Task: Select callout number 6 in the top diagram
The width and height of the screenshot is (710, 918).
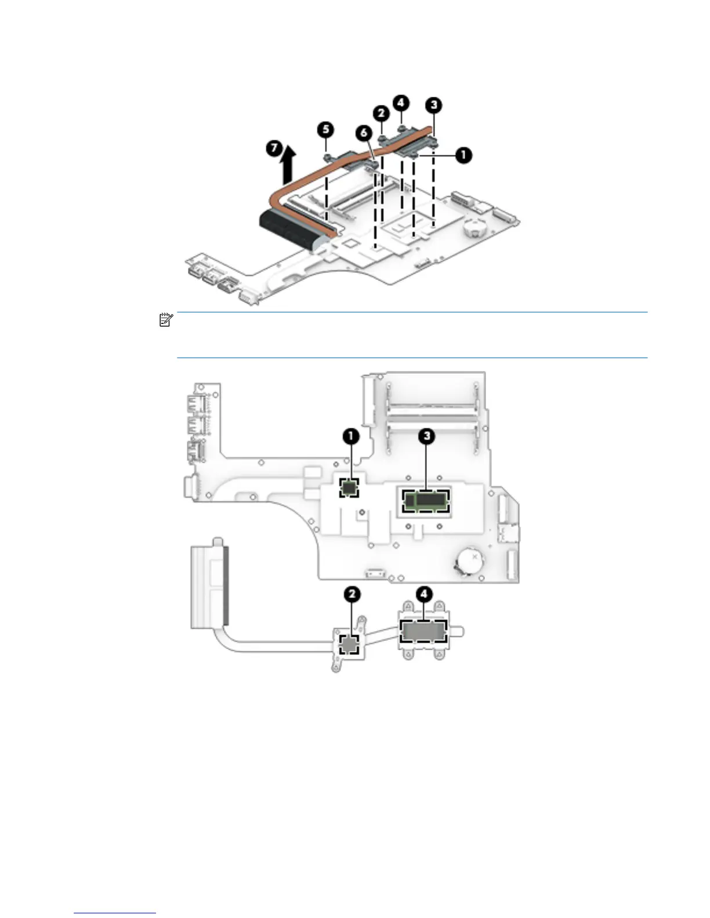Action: [x=364, y=133]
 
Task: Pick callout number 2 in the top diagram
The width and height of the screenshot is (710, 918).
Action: [x=381, y=112]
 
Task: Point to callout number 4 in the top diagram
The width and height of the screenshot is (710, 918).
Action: [x=401, y=103]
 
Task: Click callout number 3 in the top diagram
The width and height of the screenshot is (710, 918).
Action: [x=433, y=105]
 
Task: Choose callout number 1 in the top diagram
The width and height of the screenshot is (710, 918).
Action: [x=463, y=155]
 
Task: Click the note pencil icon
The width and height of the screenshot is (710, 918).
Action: [x=165, y=319]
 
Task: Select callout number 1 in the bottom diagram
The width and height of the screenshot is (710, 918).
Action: [x=350, y=436]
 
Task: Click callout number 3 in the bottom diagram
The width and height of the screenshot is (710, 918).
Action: [x=426, y=436]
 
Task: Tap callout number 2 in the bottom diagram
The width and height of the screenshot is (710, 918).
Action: [x=352, y=594]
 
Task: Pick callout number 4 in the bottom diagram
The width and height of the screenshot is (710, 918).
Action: [x=425, y=594]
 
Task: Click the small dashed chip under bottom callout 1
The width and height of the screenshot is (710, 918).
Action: [x=349, y=487]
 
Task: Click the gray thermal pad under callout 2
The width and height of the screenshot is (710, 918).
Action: [x=350, y=643]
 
